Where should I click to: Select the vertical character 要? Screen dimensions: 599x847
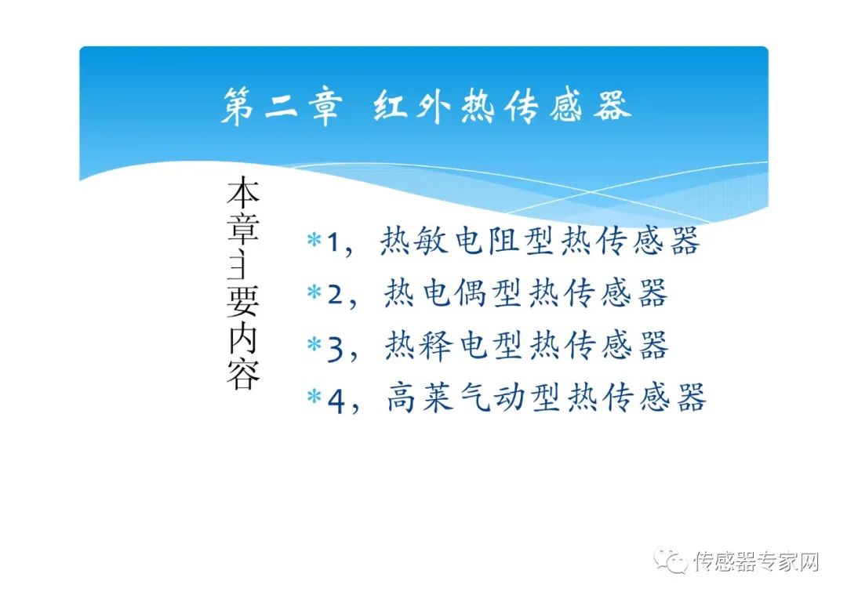point(242,300)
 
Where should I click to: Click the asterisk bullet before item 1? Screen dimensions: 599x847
point(314,241)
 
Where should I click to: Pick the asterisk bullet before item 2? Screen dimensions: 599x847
point(314,293)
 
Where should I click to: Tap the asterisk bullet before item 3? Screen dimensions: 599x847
point(314,345)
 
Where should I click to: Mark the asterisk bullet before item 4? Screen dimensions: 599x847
point(314,398)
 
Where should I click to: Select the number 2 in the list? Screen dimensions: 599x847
point(336,296)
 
